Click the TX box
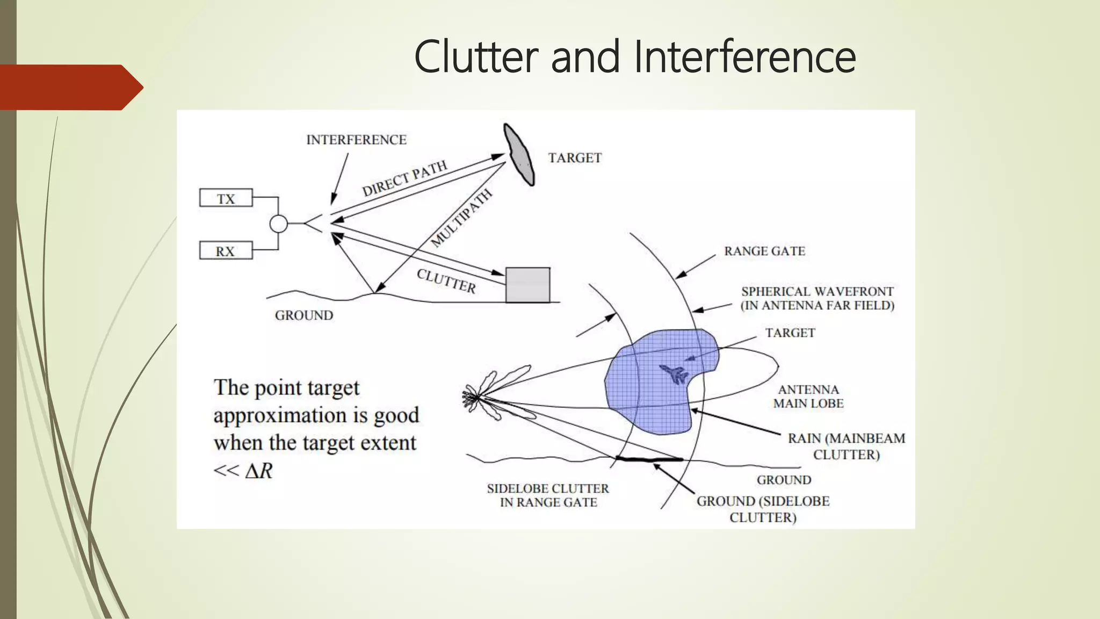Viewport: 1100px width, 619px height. tap(226, 198)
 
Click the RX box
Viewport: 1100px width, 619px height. tap(226, 251)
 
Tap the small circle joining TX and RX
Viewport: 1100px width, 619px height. tap(278, 224)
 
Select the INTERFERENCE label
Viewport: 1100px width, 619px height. tap(356, 140)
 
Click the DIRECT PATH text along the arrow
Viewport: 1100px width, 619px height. tap(404, 178)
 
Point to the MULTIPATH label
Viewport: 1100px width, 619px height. tap(461, 218)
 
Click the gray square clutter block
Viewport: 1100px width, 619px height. tap(527, 285)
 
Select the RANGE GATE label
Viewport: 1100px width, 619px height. tap(764, 251)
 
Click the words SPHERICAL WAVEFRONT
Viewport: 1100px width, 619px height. tap(817, 292)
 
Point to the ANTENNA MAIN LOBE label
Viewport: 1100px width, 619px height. tap(808, 397)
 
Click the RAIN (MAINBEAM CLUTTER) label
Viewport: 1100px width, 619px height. tap(846, 446)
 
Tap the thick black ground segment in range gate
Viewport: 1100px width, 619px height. tap(649, 459)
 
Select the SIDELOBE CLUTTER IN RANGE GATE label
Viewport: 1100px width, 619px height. tap(548, 495)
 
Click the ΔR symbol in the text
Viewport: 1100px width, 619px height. tap(259, 471)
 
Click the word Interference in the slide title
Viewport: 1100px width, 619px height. tap(744, 57)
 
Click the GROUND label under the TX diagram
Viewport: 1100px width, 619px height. tap(304, 315)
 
